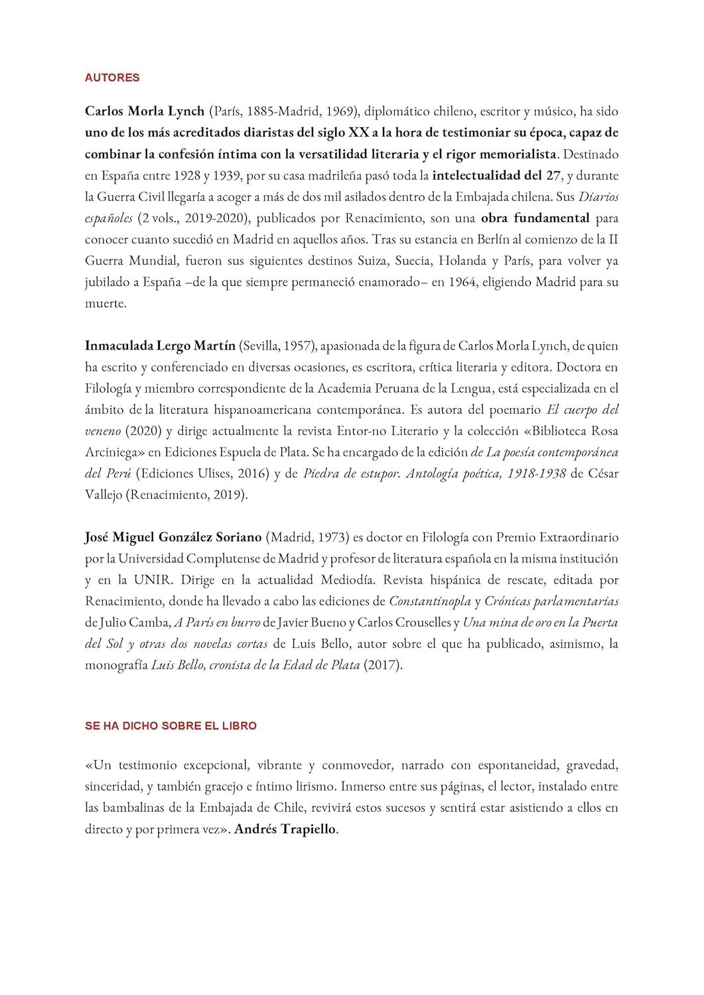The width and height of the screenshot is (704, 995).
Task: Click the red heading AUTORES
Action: pos(112,78)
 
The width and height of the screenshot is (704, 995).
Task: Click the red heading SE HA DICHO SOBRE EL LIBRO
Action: pos(171,726)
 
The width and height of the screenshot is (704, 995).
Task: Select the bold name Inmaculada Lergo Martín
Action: pos(160,346)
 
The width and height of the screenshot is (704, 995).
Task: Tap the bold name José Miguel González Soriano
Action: pos(173,537)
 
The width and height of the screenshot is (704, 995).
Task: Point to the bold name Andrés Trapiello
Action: pos(285,829)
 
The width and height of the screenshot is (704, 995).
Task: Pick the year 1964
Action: pos(462,282)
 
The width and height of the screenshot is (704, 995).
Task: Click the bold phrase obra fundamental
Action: pos(535,218)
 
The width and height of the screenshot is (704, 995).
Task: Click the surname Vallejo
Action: pos(104,495)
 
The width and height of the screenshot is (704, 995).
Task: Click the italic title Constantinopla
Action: pos(430,602)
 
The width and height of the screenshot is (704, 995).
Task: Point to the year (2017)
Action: pos(383,665)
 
